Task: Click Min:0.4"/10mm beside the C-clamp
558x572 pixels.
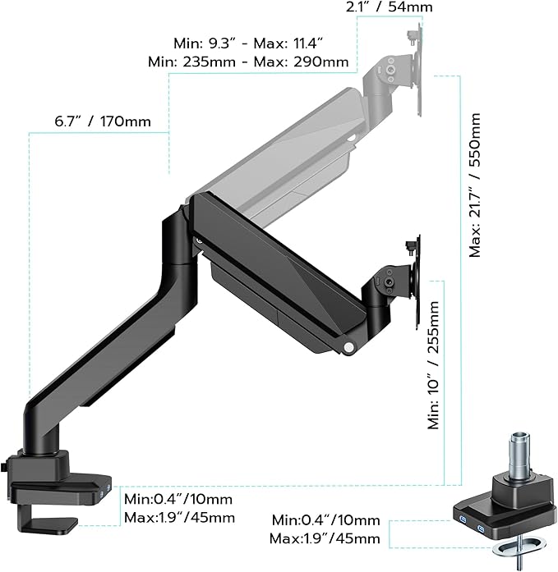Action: coord(178,499)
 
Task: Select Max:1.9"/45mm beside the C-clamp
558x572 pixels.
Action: coord(178,518)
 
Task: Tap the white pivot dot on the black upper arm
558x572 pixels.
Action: coord(351,348)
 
